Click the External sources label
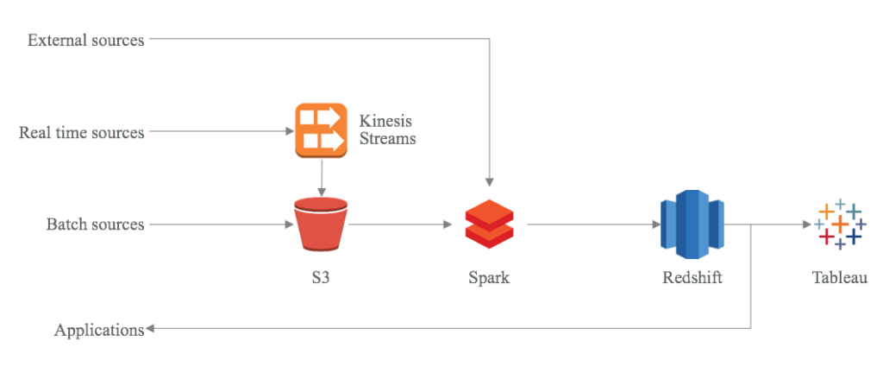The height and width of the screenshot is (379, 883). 86,40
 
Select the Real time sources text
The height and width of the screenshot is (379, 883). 82,132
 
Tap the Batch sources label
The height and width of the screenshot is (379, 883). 96,224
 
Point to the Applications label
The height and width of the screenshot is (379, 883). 99,330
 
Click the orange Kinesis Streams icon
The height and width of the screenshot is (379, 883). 321,130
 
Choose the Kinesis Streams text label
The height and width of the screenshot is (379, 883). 387,129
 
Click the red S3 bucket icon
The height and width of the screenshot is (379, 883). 321,224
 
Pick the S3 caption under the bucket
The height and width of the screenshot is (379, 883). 321,278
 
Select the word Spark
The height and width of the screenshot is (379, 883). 489,278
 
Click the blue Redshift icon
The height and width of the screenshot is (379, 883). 692,224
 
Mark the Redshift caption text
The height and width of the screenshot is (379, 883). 692,278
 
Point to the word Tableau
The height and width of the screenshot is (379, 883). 839,278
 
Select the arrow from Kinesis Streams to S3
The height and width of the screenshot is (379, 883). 321,178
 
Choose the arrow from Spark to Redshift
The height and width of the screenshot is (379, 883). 592,224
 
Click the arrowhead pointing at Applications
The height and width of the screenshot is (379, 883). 150,329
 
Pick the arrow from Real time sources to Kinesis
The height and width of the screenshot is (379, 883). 219,132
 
